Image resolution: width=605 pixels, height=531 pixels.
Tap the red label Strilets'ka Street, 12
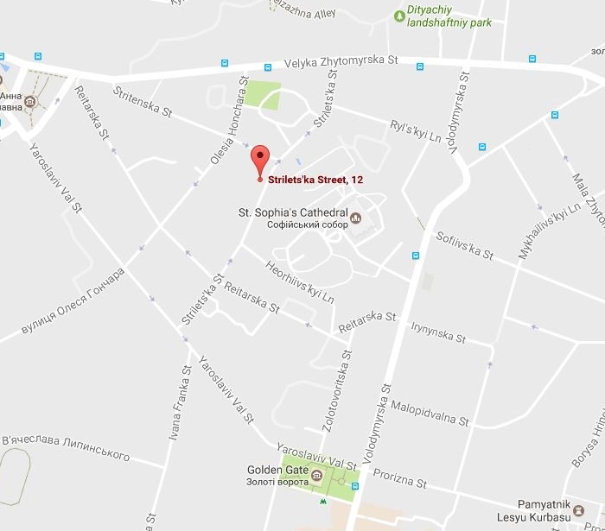click(x=315, y=180)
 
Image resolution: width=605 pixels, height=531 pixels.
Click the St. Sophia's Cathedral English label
click(x=293, y=212)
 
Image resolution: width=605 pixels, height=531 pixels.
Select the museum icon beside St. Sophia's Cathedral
click(x=354, y=218)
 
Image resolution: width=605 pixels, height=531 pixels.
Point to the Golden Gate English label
click(x=273, y=471)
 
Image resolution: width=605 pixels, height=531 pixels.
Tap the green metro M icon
click(x=323, y=500)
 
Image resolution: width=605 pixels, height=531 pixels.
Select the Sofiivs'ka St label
click(x=465, y=245)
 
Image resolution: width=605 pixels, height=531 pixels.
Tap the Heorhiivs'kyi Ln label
click(x=300, y=282)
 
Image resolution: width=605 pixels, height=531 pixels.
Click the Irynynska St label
click(x=439, y=333)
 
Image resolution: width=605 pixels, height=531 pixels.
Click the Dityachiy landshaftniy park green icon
click(x=399, y=15)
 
